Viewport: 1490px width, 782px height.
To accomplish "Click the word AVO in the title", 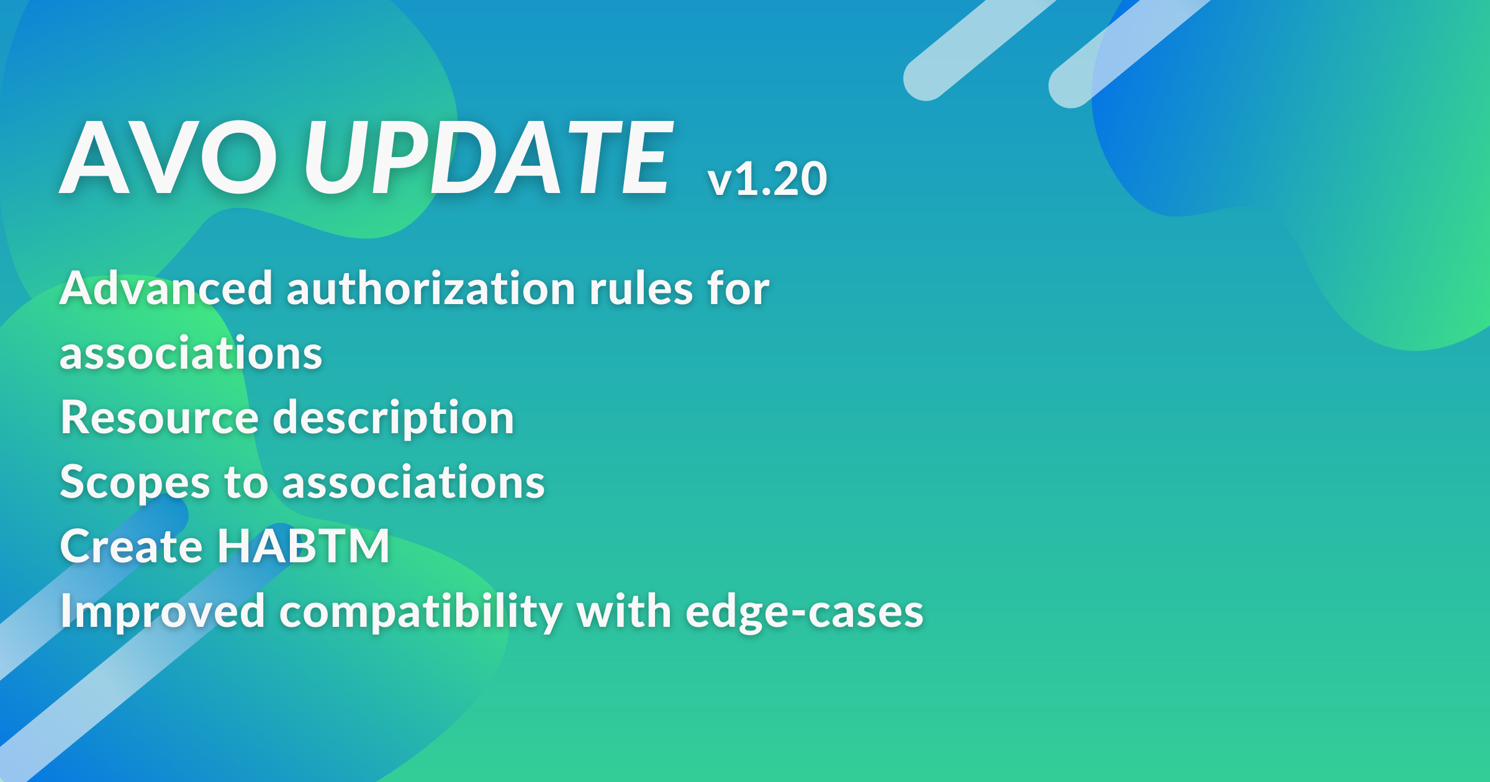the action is coord(168,158).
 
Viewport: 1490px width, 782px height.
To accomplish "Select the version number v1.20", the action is coord(767,179).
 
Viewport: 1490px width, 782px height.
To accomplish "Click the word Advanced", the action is coord(166,288).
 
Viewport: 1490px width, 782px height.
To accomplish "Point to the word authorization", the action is coord(431,288).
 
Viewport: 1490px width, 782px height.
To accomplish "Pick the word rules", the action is coord(641,288).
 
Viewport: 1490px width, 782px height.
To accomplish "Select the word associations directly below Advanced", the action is coord(191,353).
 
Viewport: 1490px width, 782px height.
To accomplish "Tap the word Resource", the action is coord(160,417).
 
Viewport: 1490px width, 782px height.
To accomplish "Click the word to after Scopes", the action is coord(246,483).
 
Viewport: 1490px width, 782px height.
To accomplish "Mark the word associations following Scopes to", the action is coord(413,482).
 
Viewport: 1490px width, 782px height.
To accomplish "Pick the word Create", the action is coord(131,546).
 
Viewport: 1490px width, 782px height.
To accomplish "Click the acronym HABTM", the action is coord(304,546).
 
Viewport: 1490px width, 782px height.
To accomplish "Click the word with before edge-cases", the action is coord(624,611).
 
